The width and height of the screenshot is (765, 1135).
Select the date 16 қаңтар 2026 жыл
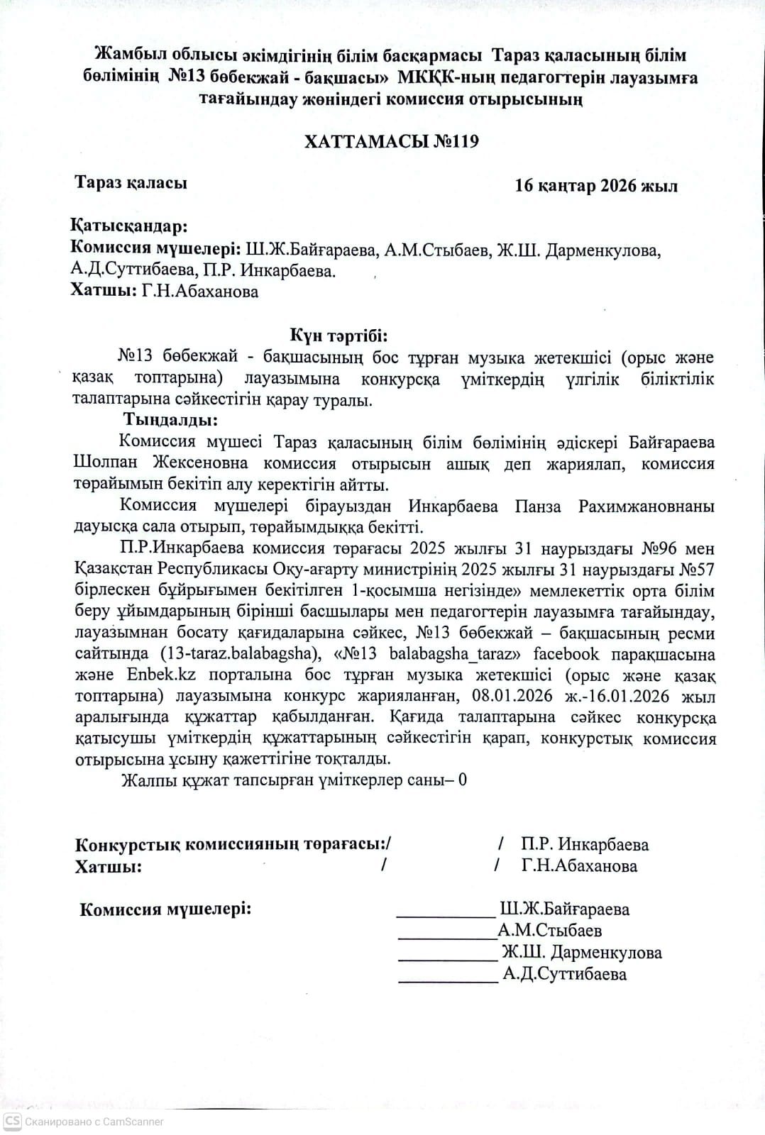point(596,186)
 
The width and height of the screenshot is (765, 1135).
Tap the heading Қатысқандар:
point(128,226)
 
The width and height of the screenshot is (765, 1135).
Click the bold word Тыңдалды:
point(170,420)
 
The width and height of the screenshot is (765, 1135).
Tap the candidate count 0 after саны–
point(463,780)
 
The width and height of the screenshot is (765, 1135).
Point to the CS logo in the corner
point(12,1121)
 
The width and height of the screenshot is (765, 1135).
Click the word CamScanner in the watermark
point(133,1122)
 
